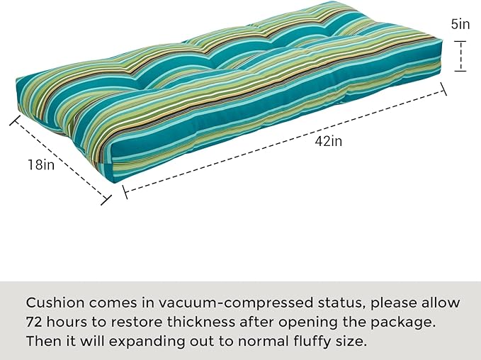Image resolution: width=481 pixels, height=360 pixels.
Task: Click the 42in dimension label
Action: coord(328,142)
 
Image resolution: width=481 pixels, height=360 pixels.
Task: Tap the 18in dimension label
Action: coord(41,165)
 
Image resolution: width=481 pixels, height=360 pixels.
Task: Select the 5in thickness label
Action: coord(460,24)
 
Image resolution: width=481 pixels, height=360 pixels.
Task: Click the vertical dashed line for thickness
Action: coord(460,56)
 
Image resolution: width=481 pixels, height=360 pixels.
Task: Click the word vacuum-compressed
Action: coord(236,303)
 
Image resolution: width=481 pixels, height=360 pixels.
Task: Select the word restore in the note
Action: coord(136,322)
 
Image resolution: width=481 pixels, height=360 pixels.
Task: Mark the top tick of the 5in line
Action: coord(460,41)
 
